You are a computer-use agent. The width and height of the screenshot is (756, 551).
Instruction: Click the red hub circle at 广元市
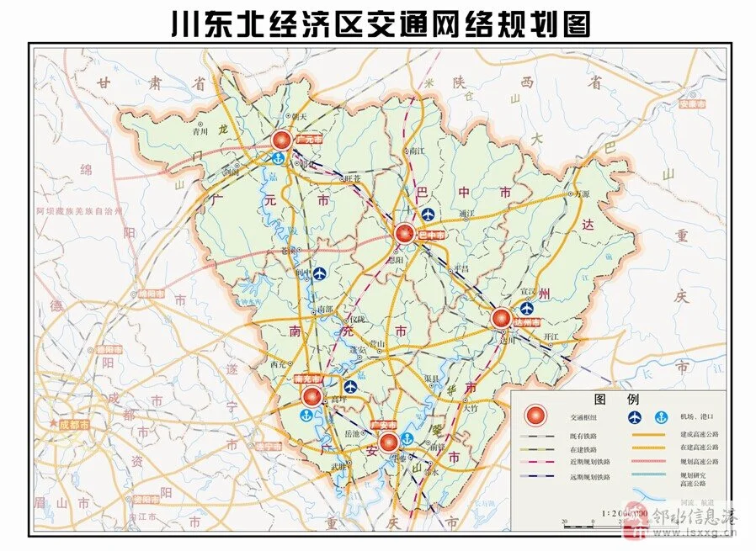(284, 140)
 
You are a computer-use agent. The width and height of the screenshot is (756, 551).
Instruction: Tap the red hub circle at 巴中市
(404, 233)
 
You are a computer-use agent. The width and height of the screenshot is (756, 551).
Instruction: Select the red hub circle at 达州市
(501, 318)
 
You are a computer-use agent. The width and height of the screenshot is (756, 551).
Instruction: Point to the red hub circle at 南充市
(311, 395)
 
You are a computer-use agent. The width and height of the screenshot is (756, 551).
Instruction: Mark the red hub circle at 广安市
(388, 442)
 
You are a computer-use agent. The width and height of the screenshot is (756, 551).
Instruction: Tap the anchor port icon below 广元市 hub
(276, 158)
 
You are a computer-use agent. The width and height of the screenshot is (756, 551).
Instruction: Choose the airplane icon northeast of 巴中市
(428, 215)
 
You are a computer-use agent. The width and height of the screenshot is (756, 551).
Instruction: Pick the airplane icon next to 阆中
(320, 274)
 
